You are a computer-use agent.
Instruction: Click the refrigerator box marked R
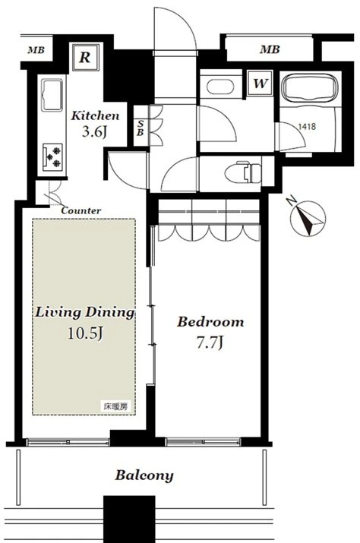pyautogui.click(x=86, y=57)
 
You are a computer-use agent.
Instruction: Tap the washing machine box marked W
pyautogui.click(x=260, y=83)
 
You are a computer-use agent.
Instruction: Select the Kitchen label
pyautogui.click(x=95, y=115)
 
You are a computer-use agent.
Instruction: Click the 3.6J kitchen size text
pyautogui.click(x=94, y=132)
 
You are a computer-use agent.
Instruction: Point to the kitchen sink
pyautogui.click(x=52, y=94)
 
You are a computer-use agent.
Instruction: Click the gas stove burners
pyautogui.click(x=52, y=157)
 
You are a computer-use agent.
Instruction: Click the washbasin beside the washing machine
pyautogui.click(x=219, y=87)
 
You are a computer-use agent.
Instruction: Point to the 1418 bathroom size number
pyautogui.click(x=307, y=126)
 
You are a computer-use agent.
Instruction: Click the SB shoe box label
pyautogui.click(x=141, y=128)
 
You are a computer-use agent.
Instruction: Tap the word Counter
pyautogui.click(x=81, y=210)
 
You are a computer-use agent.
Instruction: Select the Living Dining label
pyautogui.click(x=84, y=312)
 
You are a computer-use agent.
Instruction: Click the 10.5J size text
pyautogui.click(x=85, y=333)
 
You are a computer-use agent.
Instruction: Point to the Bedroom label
pyautogui.click(x=210, y=322)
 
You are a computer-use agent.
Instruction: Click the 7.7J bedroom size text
pyautogui.click(x=210, y=343)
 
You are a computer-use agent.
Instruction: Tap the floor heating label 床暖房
pyautogui.click(x=115, y=406)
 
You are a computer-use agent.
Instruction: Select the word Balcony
pyautogui.click(x=144, y=475)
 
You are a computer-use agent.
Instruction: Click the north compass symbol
pyautogui.click(x=308, y=218)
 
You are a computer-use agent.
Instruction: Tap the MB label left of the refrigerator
pyautogui.click(x=36, y=50)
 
